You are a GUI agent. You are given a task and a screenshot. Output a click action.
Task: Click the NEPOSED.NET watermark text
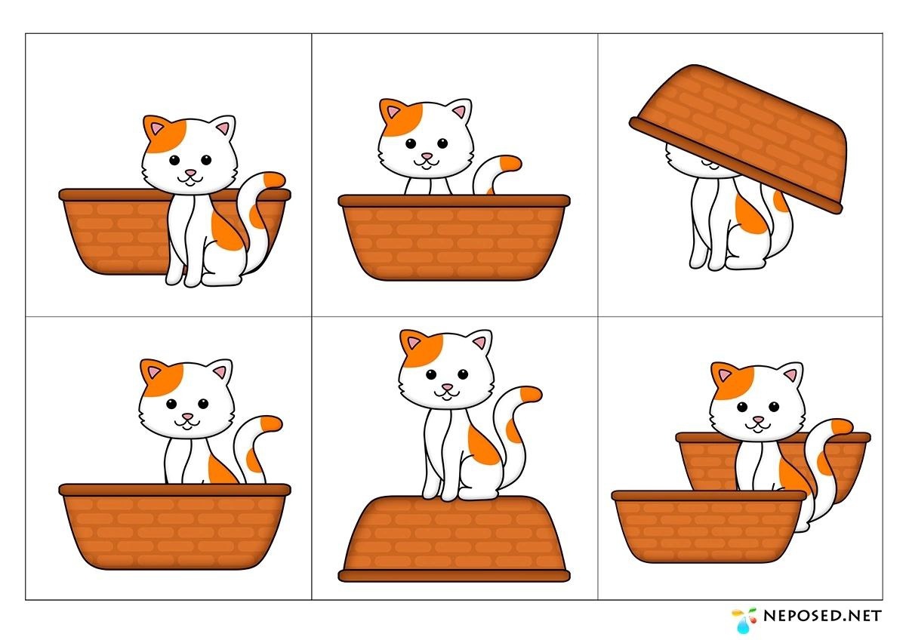822,616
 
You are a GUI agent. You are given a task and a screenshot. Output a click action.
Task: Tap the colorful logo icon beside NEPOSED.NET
744,620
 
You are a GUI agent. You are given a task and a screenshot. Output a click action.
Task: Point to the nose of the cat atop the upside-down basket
447,387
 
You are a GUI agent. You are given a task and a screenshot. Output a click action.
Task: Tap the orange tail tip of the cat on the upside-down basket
531,394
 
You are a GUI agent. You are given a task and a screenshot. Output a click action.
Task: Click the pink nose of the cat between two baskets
758,420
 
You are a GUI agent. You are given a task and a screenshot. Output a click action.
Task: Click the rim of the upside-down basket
454,576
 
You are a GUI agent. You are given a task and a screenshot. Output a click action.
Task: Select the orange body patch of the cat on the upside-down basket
482,445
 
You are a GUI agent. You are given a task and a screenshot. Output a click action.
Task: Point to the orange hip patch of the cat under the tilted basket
750,213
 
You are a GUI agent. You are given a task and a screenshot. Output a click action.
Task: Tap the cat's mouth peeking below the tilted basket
708,162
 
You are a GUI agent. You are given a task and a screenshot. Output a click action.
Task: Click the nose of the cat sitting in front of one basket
190,173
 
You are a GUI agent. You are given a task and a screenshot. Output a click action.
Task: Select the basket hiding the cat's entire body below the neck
454,237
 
